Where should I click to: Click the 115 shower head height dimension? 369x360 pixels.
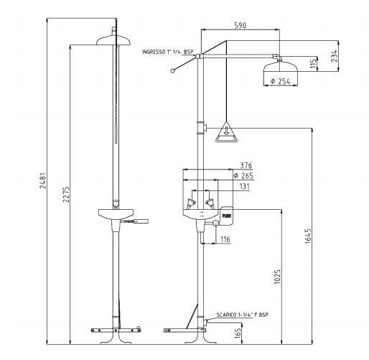click(x=313, y=65)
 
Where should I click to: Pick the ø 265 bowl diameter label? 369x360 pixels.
click(x=244, y=175)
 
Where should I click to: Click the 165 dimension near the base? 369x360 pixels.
click(x=237, y=331)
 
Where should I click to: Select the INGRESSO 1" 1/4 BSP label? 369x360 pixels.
click(x=168, y=52)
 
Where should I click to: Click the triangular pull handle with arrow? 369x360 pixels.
click(x=225, y=130)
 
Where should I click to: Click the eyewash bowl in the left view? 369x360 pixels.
click(x=114, y=213)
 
